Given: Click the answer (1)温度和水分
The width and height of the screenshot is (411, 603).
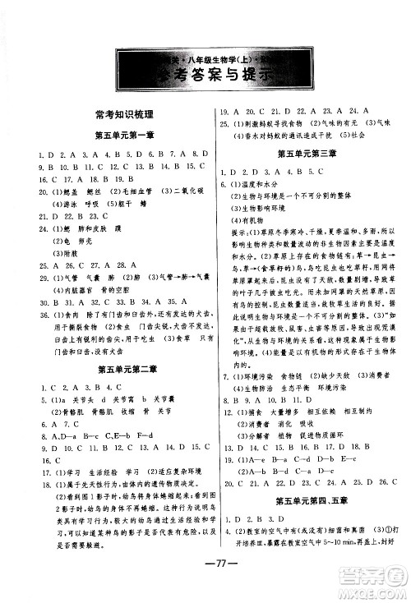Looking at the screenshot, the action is click(249, 186).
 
